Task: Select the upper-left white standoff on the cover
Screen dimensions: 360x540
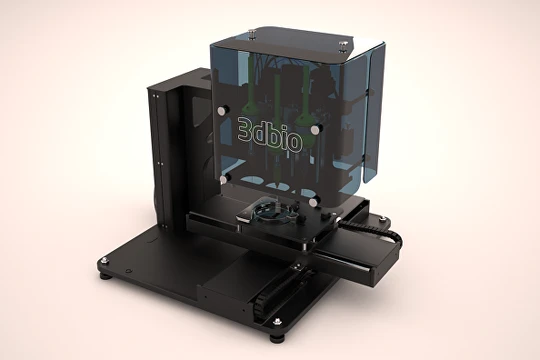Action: pos(220,111)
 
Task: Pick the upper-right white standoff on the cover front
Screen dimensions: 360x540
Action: pos(314,129)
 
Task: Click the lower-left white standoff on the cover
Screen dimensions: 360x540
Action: pos(224,178)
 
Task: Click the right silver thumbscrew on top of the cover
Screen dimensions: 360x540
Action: pos(343,44)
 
